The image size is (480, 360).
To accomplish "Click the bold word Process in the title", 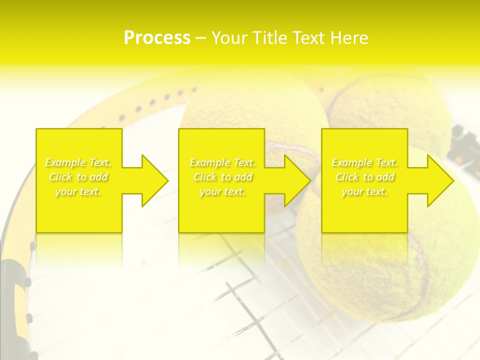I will point(157,38).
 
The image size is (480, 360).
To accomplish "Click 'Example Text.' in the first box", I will point(78,162).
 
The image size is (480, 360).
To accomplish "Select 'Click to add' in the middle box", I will point(222,177).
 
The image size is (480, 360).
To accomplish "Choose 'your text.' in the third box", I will point(364,191).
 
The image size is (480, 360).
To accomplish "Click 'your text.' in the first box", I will point(78,191).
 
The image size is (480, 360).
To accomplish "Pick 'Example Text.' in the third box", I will point(364,162).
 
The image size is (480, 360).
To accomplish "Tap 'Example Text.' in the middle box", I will point(222,162).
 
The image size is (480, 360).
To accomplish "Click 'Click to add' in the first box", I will point(78,177).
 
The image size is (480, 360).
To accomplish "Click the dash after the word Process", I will point(201,38).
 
